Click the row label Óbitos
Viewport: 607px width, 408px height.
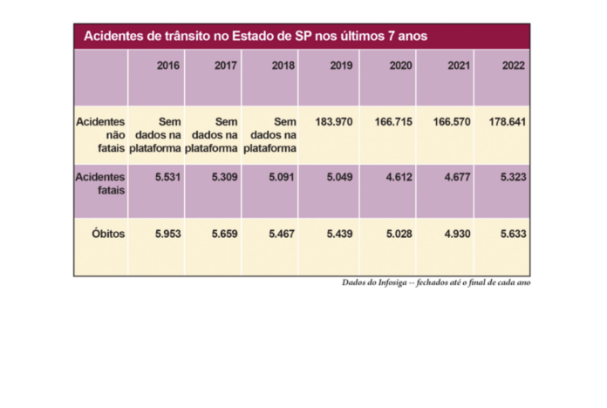tap(108, 234)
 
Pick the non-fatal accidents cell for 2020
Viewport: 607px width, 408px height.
tap(389, 122)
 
